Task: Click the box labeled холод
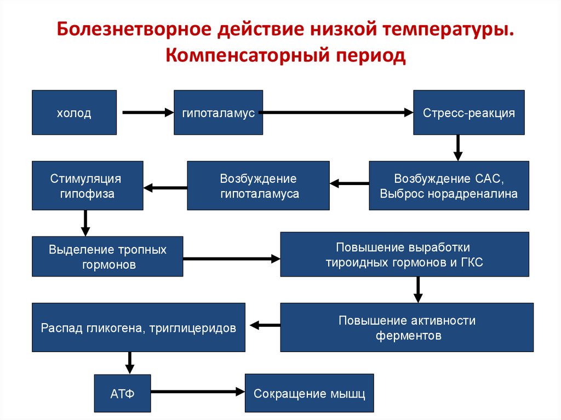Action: pyautogui.click(x=74, y=113)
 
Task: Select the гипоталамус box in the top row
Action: pyautogui.click(x=218, y=113)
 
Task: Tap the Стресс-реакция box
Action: pyautogui.click(x=468, y=113)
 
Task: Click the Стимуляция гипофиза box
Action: pyautogui.click(x=88, y=186)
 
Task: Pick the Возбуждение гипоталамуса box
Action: pyautogui.click(x=258, y=186)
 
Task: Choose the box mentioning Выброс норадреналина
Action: pyautogui.click(x=449, y=186)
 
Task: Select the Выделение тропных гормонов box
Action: pyautogui.click(x=107, y=257)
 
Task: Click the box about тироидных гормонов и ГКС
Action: pyautogui.click(x=404, y=255)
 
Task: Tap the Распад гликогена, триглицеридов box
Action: pyautogui.click(x=139, y=327)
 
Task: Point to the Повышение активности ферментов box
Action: pyautogui.click(x=407, y=327)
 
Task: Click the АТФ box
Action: pyautogui.click(x=122, y=393)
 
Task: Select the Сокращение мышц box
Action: pyautogui.click(x=309, y=393)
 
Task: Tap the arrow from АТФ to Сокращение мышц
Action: pyautogui.click(x=197, y=391)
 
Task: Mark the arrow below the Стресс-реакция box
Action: pyautogui.click(x=458, y=147)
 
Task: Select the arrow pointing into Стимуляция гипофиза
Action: pyautogui.click(x=165, y=188)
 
